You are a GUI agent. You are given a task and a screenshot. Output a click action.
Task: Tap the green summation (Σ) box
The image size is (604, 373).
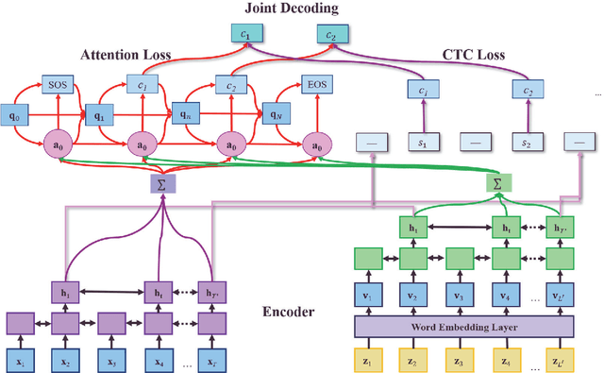[497, 179]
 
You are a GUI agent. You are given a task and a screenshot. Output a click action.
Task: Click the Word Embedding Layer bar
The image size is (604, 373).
[464, 325]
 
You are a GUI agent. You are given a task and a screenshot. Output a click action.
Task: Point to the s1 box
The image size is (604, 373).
[424, 143]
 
